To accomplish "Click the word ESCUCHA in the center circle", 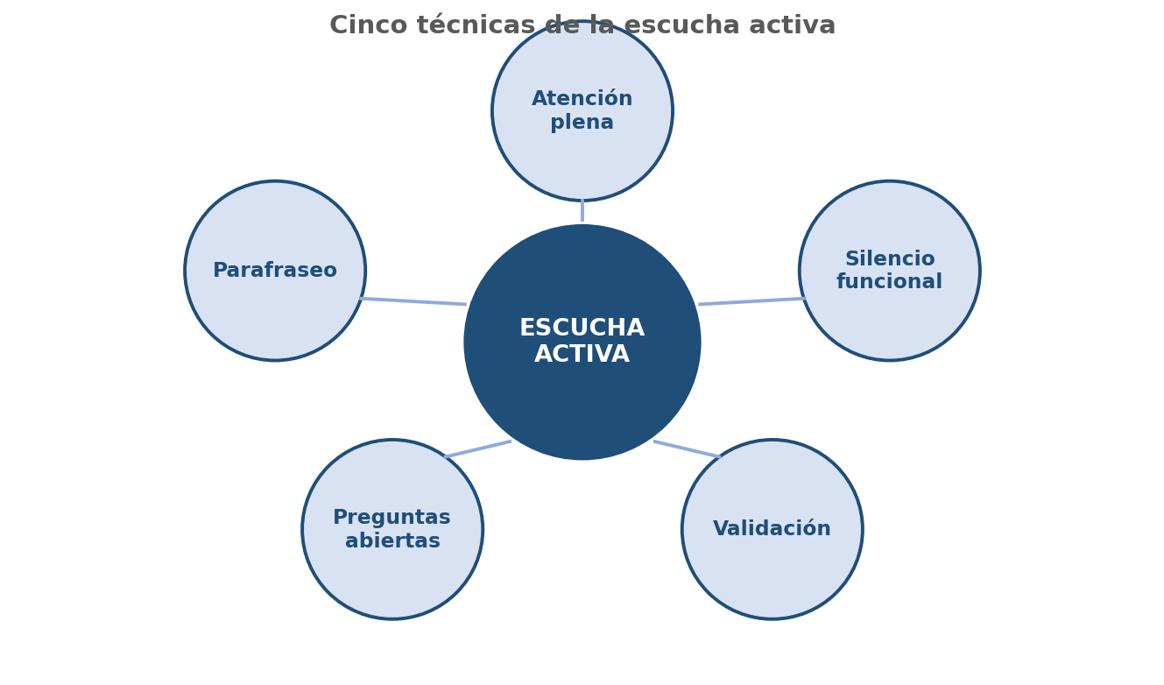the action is [582, 328].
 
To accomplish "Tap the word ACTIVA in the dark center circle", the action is [582, 354].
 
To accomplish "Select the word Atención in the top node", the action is [582, 98].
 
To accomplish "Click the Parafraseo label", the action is [275, 271].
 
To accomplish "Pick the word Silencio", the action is [890, 258].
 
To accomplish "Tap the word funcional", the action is [889, 281].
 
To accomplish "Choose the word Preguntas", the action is [392, 518].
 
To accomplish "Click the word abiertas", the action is [392, 540].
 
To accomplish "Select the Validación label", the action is [772, 528].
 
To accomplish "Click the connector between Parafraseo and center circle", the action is [413, 301].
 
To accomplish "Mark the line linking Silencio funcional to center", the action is [751, 301].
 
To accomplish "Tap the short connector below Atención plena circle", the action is [582, 210].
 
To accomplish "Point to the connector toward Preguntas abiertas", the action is [478, 449].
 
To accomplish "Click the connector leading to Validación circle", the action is [687, 449].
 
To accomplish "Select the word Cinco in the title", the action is [368, 25].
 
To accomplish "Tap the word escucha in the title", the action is [681, 25].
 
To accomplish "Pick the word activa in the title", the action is [792, 25].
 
